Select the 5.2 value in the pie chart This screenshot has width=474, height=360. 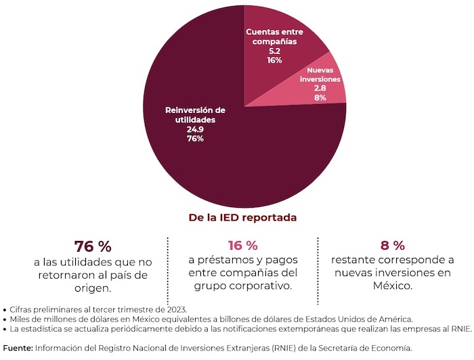tap(276, 51)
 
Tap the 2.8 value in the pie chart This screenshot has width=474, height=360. tap(320, 88)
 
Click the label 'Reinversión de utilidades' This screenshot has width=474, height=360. tap(195, 114)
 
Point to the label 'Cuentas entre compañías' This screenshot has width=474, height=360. tap(276, 37)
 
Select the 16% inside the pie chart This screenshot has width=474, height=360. tap(276, 60)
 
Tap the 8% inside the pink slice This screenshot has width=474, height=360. tap(320, 97)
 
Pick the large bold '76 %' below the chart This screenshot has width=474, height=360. tap(92, 246)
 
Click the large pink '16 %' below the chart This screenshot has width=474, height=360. tap(242, 245)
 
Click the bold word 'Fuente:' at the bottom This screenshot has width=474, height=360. tap(18, 347)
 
